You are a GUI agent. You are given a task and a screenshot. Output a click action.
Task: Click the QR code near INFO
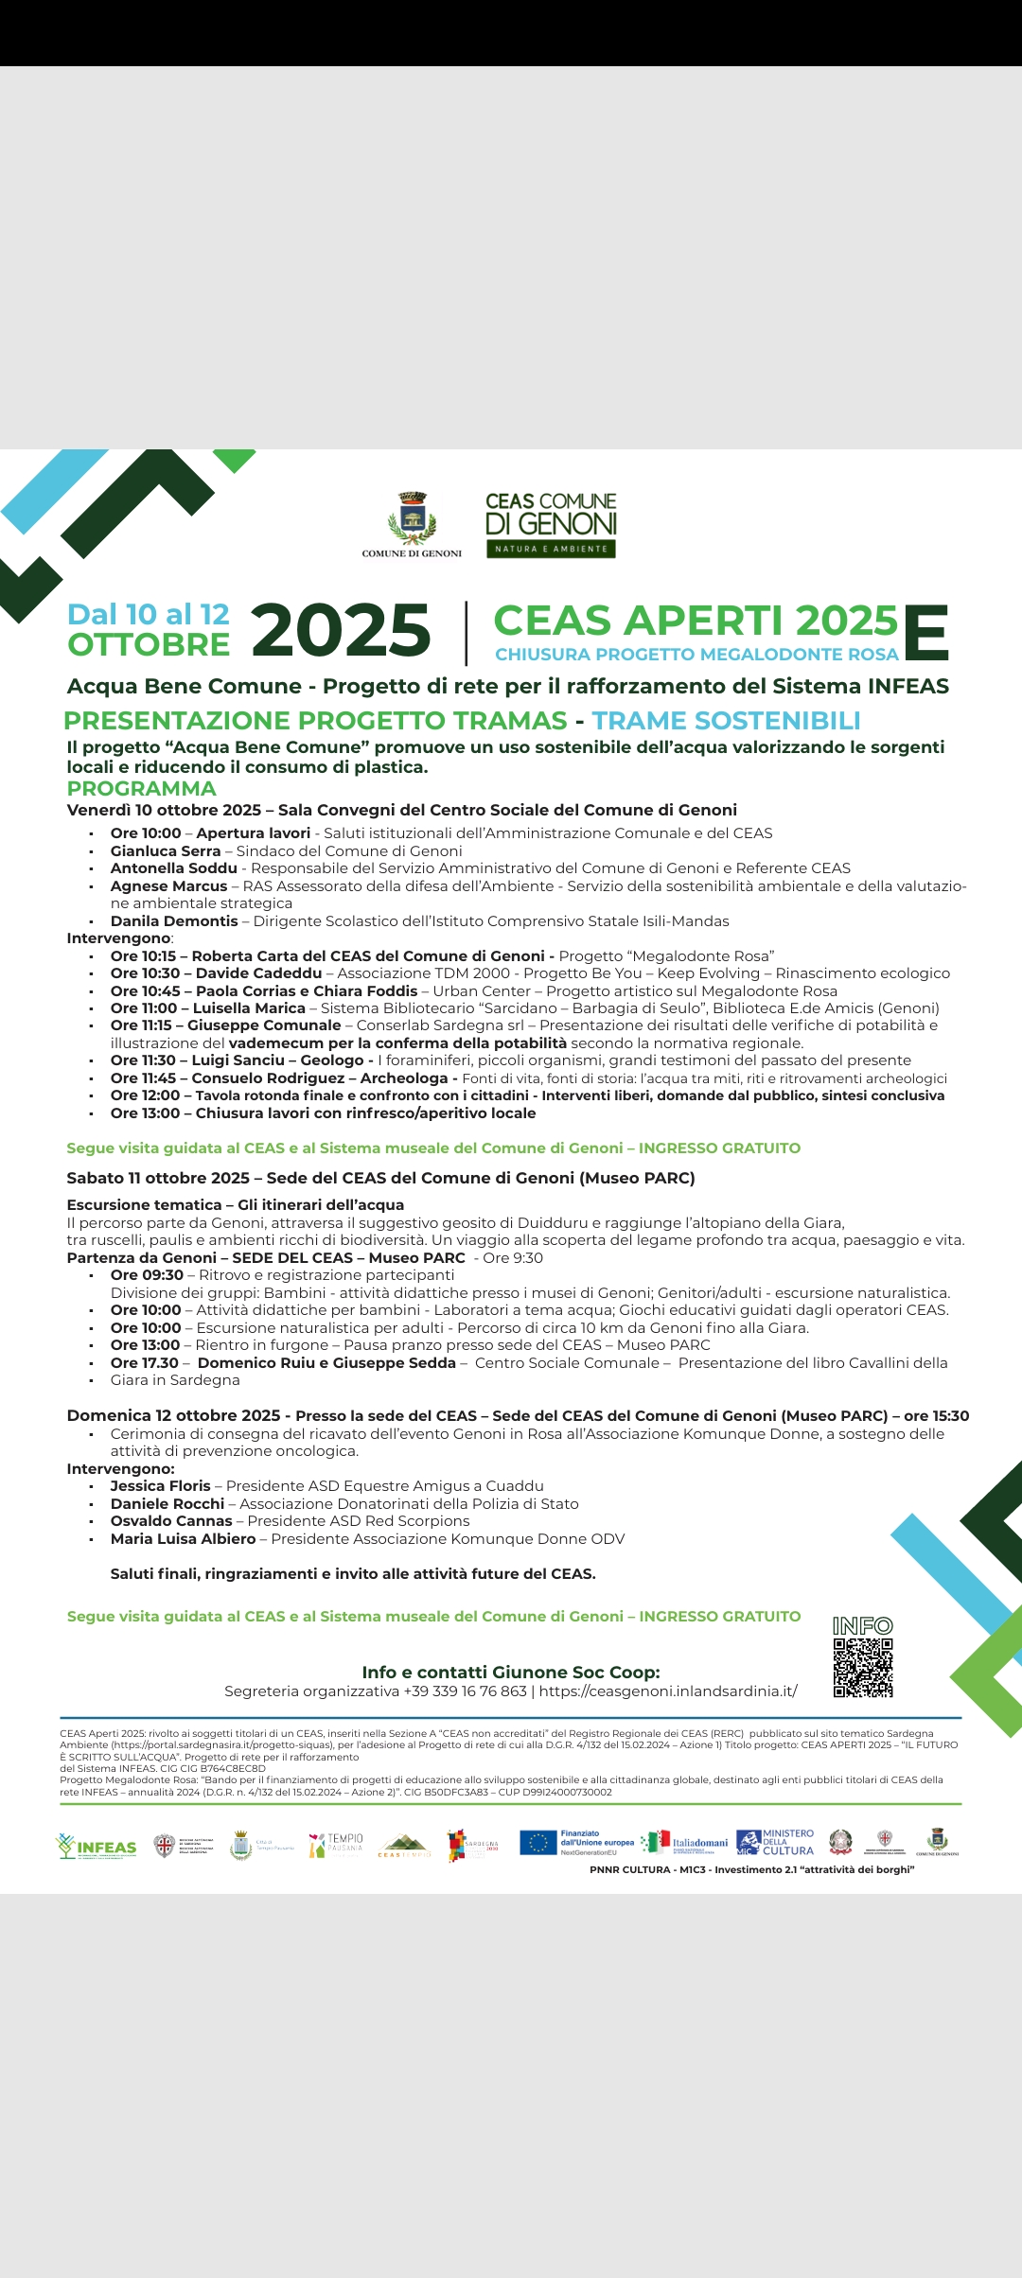pos(863,1668)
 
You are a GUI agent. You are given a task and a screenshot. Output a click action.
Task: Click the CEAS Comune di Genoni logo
pos(551,524)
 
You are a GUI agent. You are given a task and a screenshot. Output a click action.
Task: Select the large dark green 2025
pos(341,630)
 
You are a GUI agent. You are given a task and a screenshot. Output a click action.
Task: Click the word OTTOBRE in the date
pos(149,645)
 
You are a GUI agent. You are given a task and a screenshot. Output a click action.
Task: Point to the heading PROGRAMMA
pos(141,788)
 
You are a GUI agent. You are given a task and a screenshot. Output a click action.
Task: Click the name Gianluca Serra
pos(166,850)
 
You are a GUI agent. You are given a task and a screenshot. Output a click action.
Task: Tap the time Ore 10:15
pos(143,956)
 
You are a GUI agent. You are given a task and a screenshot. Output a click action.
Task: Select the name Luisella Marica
pos(249,1008)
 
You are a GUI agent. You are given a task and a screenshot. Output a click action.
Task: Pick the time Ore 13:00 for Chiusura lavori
pos(145,1113)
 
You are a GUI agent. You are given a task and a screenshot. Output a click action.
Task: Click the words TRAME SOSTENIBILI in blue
pos(726,721)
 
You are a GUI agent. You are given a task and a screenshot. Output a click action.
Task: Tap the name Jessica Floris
pos(161,1486)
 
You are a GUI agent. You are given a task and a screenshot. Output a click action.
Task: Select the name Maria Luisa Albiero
pos(183,1539)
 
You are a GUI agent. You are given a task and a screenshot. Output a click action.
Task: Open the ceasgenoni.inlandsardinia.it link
pos(668,1691)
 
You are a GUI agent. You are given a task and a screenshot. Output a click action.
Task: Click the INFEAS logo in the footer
pos(97,1847)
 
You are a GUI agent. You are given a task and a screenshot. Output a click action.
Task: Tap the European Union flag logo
pos(537,1843)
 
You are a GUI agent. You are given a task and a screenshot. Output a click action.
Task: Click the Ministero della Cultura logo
pos(775,1842)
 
